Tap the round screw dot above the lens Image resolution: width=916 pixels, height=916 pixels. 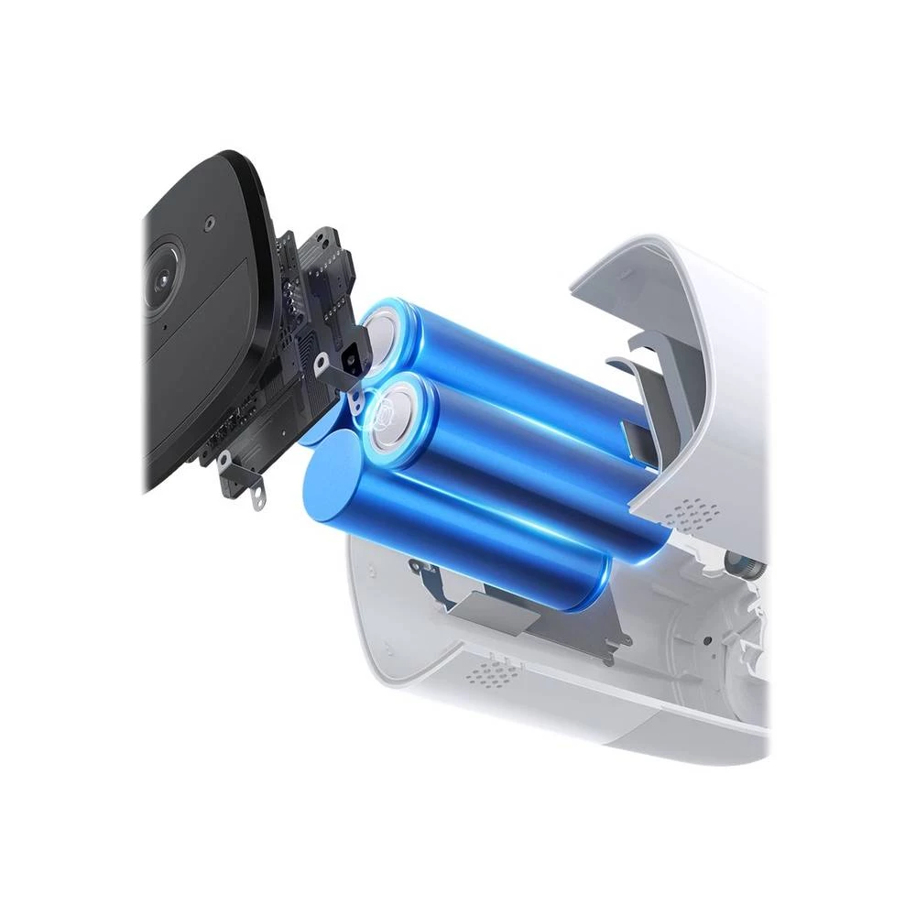(210, 222)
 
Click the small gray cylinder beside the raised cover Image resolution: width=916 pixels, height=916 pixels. (747, 562)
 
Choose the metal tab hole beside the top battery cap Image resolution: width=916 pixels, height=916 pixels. (320, 363)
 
